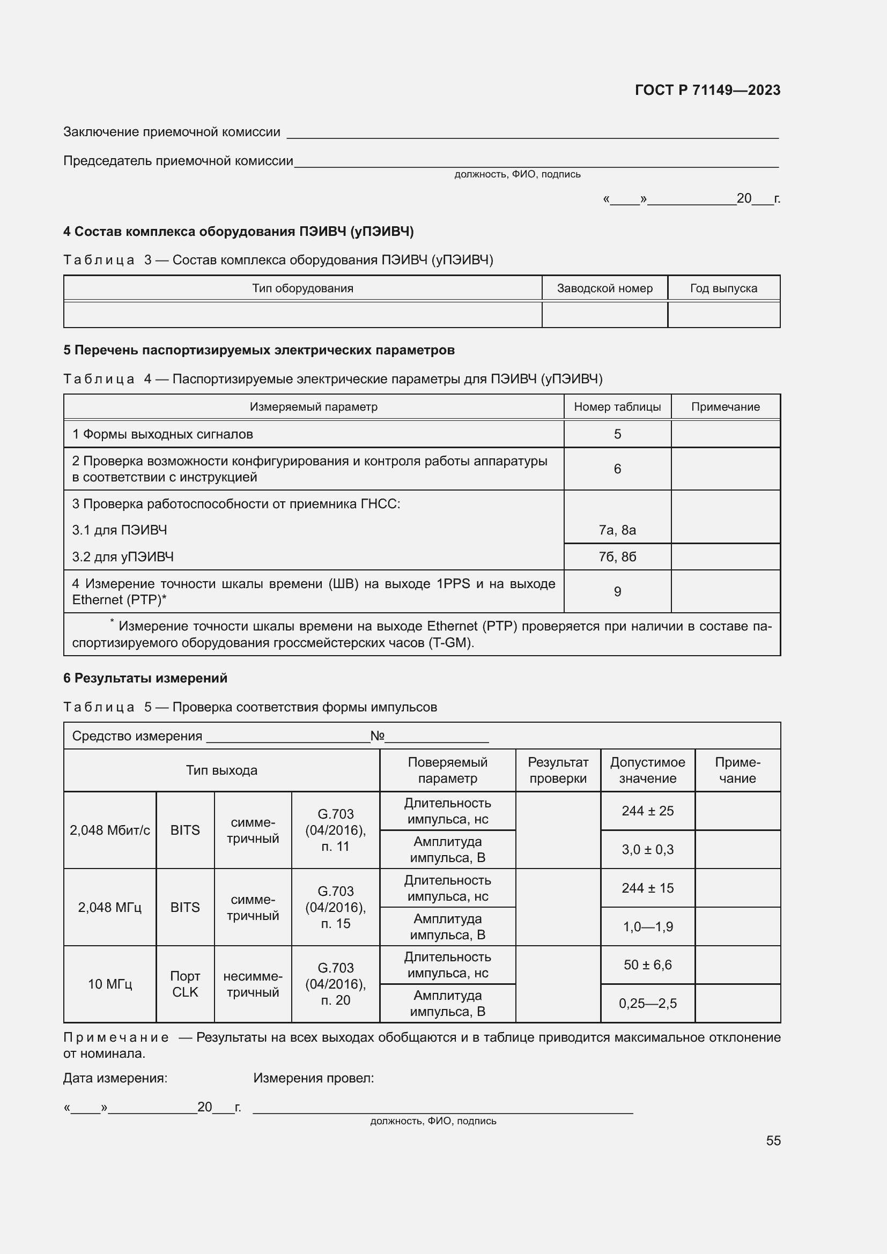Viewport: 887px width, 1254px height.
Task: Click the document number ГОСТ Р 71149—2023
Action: point(707,90)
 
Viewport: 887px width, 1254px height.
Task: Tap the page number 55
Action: point(773,1140)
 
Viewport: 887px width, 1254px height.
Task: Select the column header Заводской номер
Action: point(604,288)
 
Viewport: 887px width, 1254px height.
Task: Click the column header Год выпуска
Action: point(723,288)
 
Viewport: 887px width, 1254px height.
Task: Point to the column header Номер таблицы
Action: point(617,407)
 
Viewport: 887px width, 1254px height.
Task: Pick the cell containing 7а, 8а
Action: point(617,530)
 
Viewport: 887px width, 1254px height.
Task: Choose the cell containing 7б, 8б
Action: point(617,556)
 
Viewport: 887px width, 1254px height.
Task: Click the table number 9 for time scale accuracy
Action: point(617,591)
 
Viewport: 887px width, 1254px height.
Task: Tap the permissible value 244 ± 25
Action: point(647,811)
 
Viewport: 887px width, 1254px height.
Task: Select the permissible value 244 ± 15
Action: point(647,888)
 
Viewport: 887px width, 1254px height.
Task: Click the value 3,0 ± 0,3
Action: point(647,850)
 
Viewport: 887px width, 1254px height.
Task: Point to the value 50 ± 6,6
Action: point(647,965)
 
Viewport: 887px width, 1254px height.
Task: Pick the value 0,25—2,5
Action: point(647,1003)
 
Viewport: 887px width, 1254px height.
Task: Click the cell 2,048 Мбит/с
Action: point(110,830)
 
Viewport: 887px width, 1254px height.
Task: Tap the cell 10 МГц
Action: point(110,984)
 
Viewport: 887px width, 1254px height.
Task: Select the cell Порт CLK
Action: point(185,984)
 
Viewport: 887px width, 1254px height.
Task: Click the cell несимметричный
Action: point(253,984)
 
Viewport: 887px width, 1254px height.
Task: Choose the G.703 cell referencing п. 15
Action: point(335,907)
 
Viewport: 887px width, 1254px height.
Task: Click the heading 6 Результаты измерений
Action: point(145,678)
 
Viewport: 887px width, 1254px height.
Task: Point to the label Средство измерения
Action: point(137,736)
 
